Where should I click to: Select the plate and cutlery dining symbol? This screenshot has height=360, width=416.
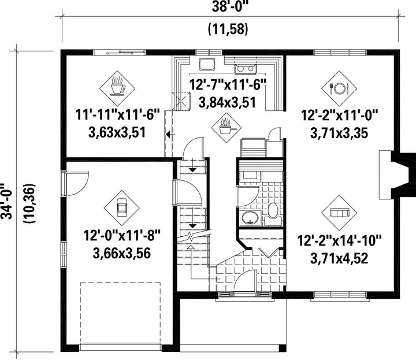[339, 88]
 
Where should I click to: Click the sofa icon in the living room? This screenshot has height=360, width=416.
[339, 213]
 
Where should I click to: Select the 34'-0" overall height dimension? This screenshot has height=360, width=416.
[6, 201]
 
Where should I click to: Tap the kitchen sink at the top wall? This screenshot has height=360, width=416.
[207, 64]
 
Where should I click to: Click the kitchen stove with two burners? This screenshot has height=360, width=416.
[246, 69]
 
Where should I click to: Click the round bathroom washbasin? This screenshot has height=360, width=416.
[250, 218]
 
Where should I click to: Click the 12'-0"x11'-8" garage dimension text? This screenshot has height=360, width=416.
[122, 235]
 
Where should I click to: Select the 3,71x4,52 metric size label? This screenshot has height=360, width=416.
[339, 258]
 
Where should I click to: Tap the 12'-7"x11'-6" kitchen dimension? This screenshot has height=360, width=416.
[228, 84]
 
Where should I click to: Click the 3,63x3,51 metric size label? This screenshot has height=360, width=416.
[117, 132]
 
